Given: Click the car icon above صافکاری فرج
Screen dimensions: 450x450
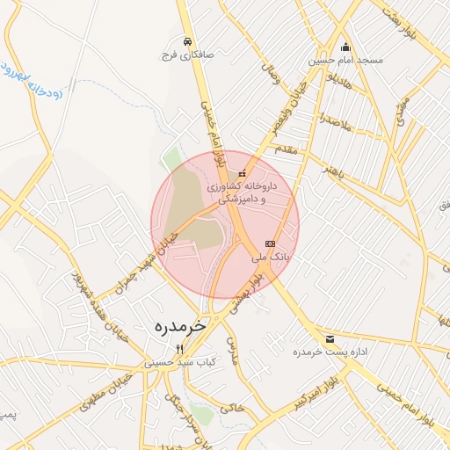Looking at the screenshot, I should [187, 41].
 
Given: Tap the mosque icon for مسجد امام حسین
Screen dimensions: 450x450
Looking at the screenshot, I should [345, 47].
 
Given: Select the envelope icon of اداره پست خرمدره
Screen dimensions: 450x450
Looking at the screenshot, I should [330, 338].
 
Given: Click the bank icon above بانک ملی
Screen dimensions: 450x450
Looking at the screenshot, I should [269, 244].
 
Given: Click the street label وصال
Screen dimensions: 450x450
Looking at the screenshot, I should [270, 77].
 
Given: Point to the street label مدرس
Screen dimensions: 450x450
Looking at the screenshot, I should [232, 349].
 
